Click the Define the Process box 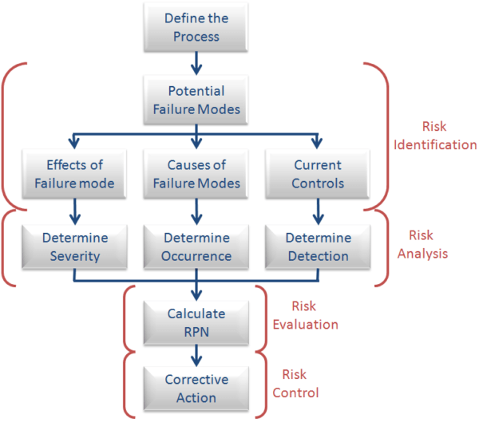[x=192, y=27]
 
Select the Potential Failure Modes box [x=192, y=100]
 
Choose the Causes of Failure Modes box [x=192, y=175]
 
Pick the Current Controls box [x=318, y=175]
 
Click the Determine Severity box [x=73, y=246]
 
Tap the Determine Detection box [x=318, y=246]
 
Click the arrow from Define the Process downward [x=192, y=62]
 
